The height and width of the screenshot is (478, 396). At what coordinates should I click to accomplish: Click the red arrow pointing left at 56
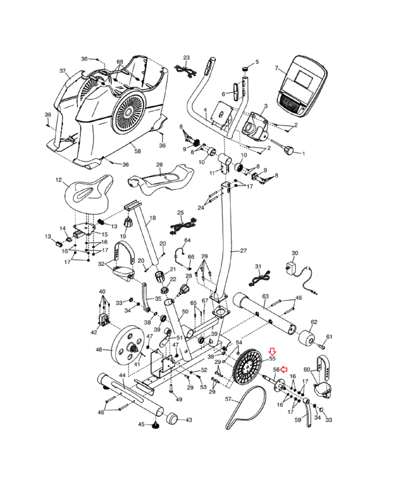[284, 370]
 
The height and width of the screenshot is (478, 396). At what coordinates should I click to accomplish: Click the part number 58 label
[137, 151]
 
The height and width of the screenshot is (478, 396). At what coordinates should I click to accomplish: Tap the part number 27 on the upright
[243, 251]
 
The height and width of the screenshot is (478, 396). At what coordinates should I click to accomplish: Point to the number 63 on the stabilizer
[265, 296]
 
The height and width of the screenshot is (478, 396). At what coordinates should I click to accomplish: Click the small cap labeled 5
[245, 69]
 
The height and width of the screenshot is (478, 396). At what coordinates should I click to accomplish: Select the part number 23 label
[186, 57]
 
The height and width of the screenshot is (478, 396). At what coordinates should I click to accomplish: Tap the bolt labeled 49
[171, 388]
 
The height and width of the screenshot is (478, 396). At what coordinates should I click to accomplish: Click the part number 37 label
[62, 71]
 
